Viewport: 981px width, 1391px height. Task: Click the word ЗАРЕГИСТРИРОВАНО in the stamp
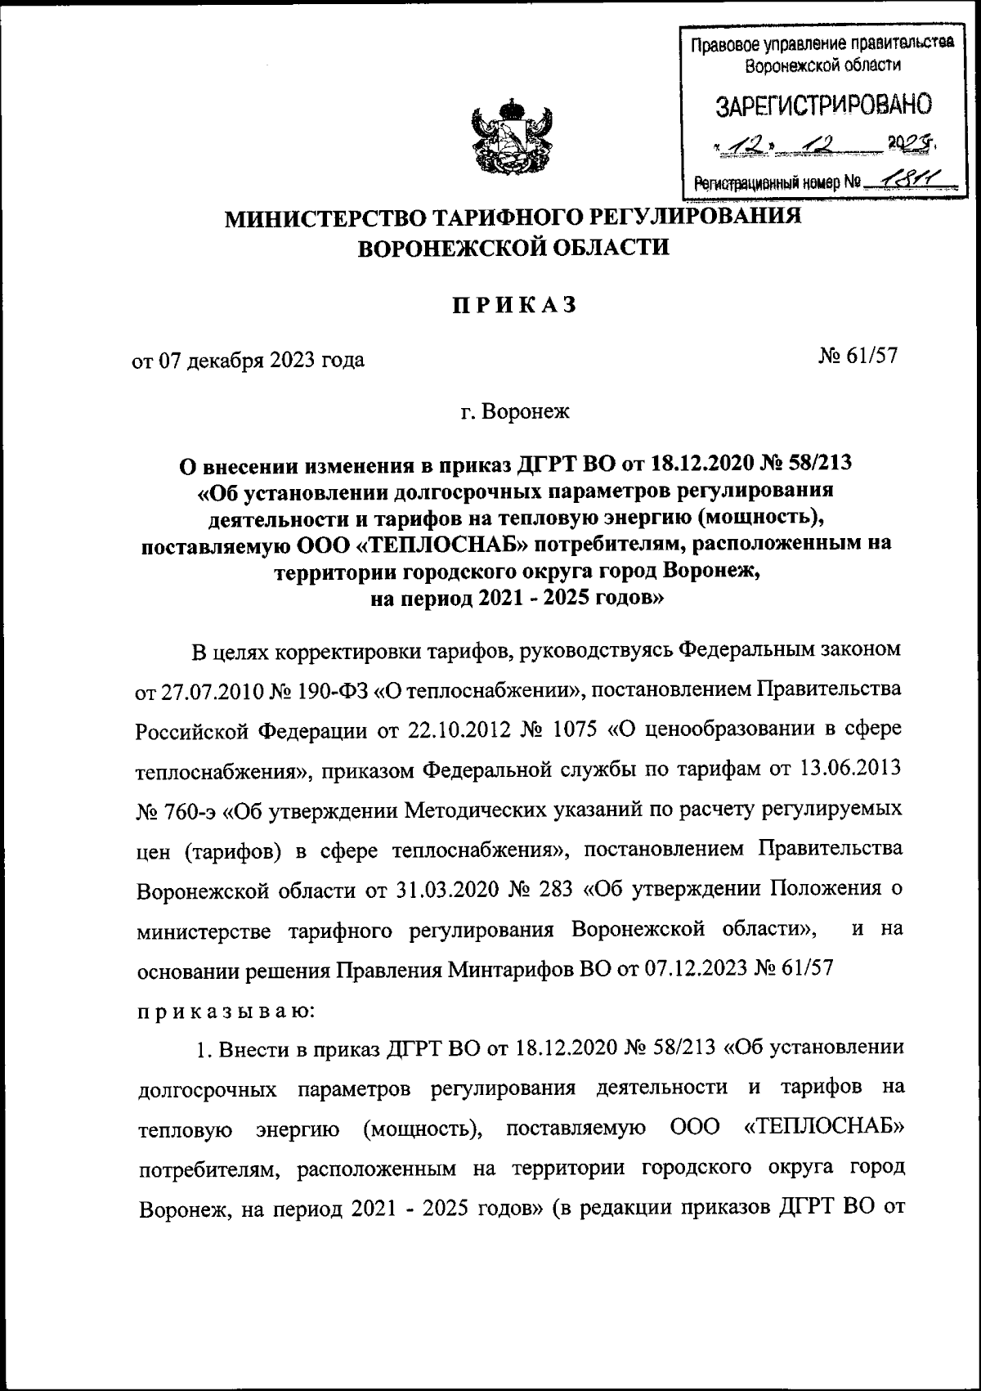823,105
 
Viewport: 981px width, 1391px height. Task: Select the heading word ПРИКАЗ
515,305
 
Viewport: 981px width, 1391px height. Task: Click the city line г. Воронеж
514,411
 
